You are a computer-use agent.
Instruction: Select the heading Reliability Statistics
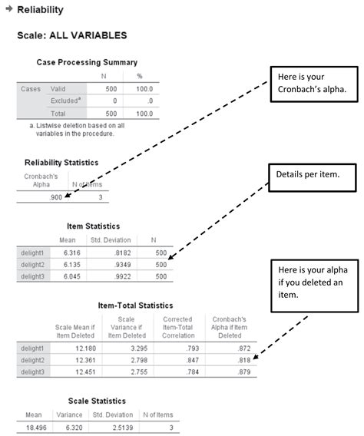pos(61,163)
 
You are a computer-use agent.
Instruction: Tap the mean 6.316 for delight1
pos(71,251)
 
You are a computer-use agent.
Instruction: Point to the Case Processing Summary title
pos(87,62)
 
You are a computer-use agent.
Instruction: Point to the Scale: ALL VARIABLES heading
pos(72,35)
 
